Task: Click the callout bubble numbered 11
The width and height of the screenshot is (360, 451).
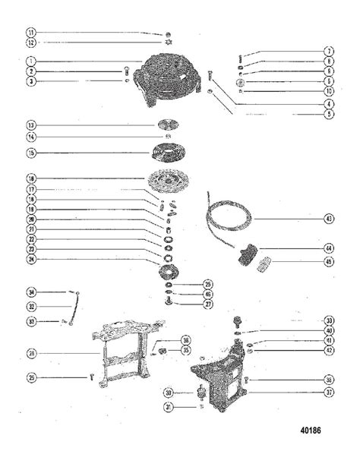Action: pos(30,33)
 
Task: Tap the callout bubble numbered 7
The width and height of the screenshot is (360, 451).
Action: pos(330,52)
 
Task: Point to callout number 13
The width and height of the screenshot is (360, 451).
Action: pos(30,124)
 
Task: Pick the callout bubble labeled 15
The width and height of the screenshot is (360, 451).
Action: pos(30,153)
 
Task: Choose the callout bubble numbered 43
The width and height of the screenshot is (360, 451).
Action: pos(329,219)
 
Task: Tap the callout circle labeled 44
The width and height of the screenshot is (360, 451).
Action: pos(329,248)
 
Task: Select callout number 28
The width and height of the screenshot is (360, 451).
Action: pos(30,353)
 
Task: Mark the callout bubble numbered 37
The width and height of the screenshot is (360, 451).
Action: pos(329,393)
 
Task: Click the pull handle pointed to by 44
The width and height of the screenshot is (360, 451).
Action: pos(248,254)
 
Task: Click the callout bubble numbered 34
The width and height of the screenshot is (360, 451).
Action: pos(30,291)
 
